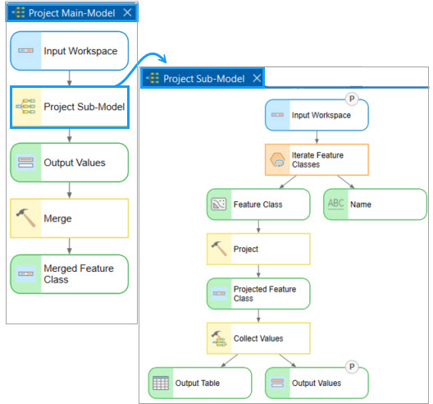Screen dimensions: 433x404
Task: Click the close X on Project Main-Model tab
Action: [127, 12]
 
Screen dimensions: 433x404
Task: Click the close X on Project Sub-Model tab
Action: [257, 78]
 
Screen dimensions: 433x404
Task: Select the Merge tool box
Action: [70, 218]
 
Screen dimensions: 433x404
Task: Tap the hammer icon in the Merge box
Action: [25, 218]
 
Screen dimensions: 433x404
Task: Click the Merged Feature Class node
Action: [70, 274]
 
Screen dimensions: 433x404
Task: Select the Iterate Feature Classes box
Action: [317, 159]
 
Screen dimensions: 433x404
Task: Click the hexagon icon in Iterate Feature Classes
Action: [277, 159]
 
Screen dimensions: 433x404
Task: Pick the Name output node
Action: [375, 204]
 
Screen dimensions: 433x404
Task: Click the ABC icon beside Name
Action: [335, 204]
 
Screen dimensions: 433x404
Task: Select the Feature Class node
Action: [258, 204]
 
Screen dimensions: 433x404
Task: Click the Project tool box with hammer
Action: [258, 249]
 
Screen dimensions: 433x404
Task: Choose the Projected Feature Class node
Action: [258, 293]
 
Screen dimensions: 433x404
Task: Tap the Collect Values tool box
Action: [258, 338]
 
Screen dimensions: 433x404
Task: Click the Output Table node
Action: [200, 383]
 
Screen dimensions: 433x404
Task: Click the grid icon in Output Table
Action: [161, 383]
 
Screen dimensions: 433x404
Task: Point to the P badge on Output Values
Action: [352, 367]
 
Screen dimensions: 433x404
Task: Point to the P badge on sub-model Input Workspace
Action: [352, 99]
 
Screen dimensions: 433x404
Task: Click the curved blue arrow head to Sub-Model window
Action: [163, 58]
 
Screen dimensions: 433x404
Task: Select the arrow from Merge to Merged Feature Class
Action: [70, 246]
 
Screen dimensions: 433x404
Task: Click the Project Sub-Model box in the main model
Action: [70, 107]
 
